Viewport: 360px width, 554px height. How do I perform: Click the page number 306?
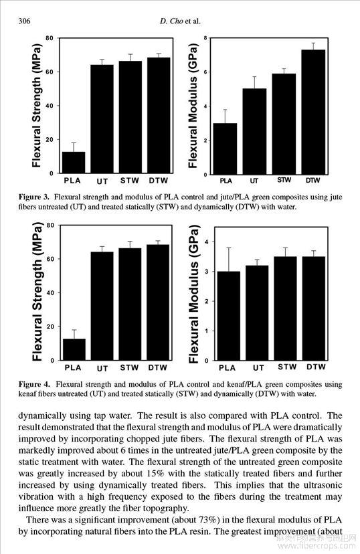click(24, 21)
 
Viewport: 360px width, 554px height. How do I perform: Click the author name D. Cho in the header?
click(171, 21)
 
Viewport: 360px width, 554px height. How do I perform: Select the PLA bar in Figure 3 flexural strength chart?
click(74, 163)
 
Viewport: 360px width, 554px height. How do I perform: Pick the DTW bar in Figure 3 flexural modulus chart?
click(313, 112)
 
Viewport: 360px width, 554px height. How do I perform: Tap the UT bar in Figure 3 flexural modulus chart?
click(254, 131)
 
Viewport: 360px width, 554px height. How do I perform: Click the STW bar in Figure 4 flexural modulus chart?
click(285, 308)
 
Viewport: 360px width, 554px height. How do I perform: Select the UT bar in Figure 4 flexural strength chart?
click(102, 306)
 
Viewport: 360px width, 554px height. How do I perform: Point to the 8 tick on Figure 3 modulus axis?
click(205, 38)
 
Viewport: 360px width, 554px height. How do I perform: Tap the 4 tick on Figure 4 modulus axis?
click(207, 242)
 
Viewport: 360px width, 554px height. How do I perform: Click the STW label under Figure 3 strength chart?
click(130, 181)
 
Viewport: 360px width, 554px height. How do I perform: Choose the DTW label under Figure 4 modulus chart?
click(317, 367)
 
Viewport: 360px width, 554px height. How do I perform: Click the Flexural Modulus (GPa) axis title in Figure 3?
click(193, 106)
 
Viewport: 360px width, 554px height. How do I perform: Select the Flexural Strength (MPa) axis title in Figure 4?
click(37, 292)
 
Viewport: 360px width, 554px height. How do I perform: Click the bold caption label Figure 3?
click(34, 197)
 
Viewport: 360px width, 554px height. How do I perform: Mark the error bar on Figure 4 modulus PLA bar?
click(229, 260)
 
